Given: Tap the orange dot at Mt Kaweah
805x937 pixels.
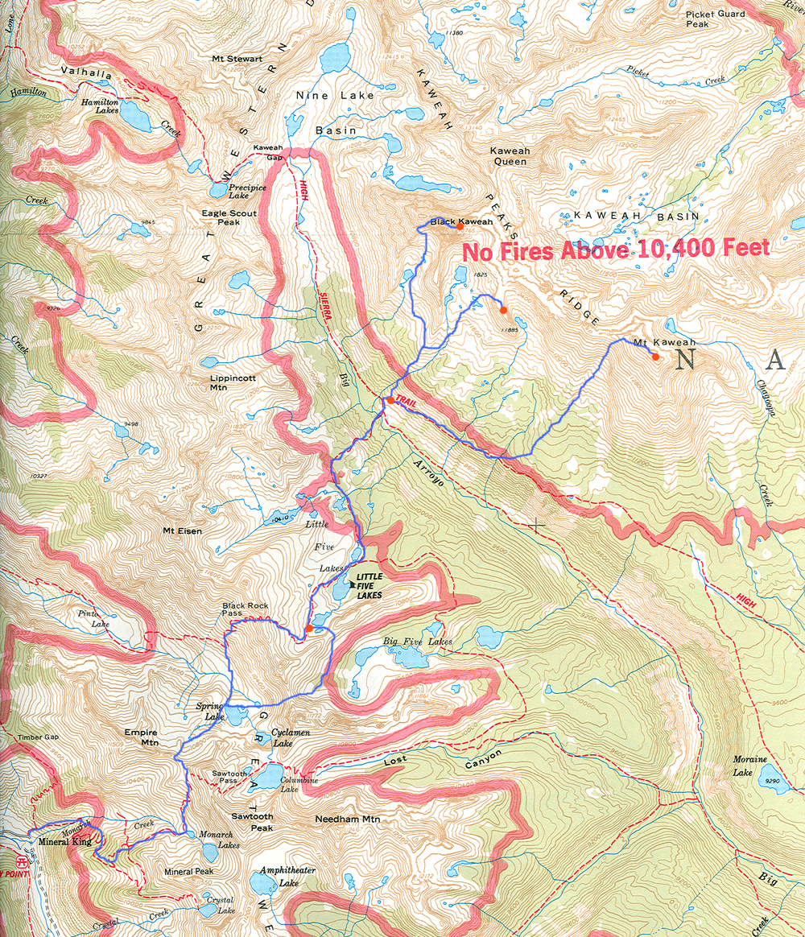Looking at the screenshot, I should [x=656, y=357].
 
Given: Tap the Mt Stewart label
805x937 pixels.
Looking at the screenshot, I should [x=237, y=59].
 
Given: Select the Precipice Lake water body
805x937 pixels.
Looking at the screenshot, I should [x=218, y=191].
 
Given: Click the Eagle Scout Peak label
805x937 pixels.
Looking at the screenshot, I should [x=230, y=217].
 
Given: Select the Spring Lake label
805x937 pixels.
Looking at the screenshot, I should [x=210, y=712].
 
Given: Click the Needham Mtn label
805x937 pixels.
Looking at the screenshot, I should [x=347, y=819].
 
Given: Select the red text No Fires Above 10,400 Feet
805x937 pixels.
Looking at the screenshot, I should [x=616, y=250].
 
